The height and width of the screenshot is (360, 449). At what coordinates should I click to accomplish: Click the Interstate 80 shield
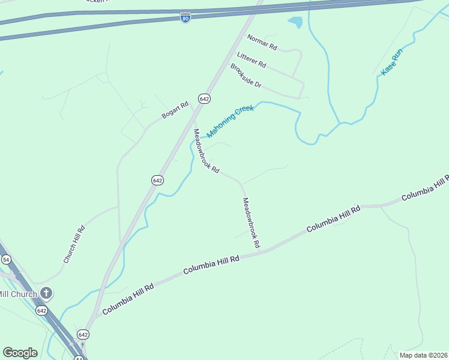point(185,18)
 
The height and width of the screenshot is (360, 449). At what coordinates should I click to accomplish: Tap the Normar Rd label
point(262,42)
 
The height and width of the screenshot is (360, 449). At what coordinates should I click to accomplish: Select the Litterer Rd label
point(252,60)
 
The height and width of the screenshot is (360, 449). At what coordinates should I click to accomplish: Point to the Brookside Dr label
point(246,76)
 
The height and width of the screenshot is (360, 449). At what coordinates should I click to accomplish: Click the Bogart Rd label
point(175,109)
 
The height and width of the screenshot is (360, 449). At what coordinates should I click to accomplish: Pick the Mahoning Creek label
point(231,121)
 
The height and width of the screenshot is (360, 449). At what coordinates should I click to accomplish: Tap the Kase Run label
point(391,62)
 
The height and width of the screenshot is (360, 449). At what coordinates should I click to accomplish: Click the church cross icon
point(46,293)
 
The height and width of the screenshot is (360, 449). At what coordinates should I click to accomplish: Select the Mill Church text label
point(18,294)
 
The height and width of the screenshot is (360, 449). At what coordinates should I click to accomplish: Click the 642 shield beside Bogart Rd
point(204,98)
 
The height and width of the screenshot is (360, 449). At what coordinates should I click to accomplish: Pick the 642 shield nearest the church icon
point(41,310)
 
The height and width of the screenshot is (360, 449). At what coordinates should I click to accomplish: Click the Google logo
point(20,353)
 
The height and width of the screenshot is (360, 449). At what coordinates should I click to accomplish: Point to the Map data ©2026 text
point(423,354)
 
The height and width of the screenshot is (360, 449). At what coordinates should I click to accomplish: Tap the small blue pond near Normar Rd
point(295,23)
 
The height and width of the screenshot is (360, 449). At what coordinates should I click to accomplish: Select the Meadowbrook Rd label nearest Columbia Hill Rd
point(251,223)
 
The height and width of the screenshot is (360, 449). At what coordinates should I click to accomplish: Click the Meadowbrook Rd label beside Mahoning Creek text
point(205,151)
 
